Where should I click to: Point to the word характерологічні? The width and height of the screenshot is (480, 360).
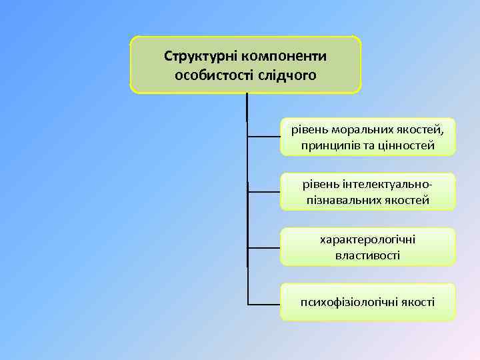pos(367,238)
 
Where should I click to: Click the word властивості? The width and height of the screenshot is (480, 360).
pos(368,255)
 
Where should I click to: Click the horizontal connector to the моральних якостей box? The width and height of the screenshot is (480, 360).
pos(263,136)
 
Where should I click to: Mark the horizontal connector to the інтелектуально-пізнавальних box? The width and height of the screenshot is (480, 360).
pos(263,191)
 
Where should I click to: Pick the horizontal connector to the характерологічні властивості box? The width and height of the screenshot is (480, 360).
pos(263,247)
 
